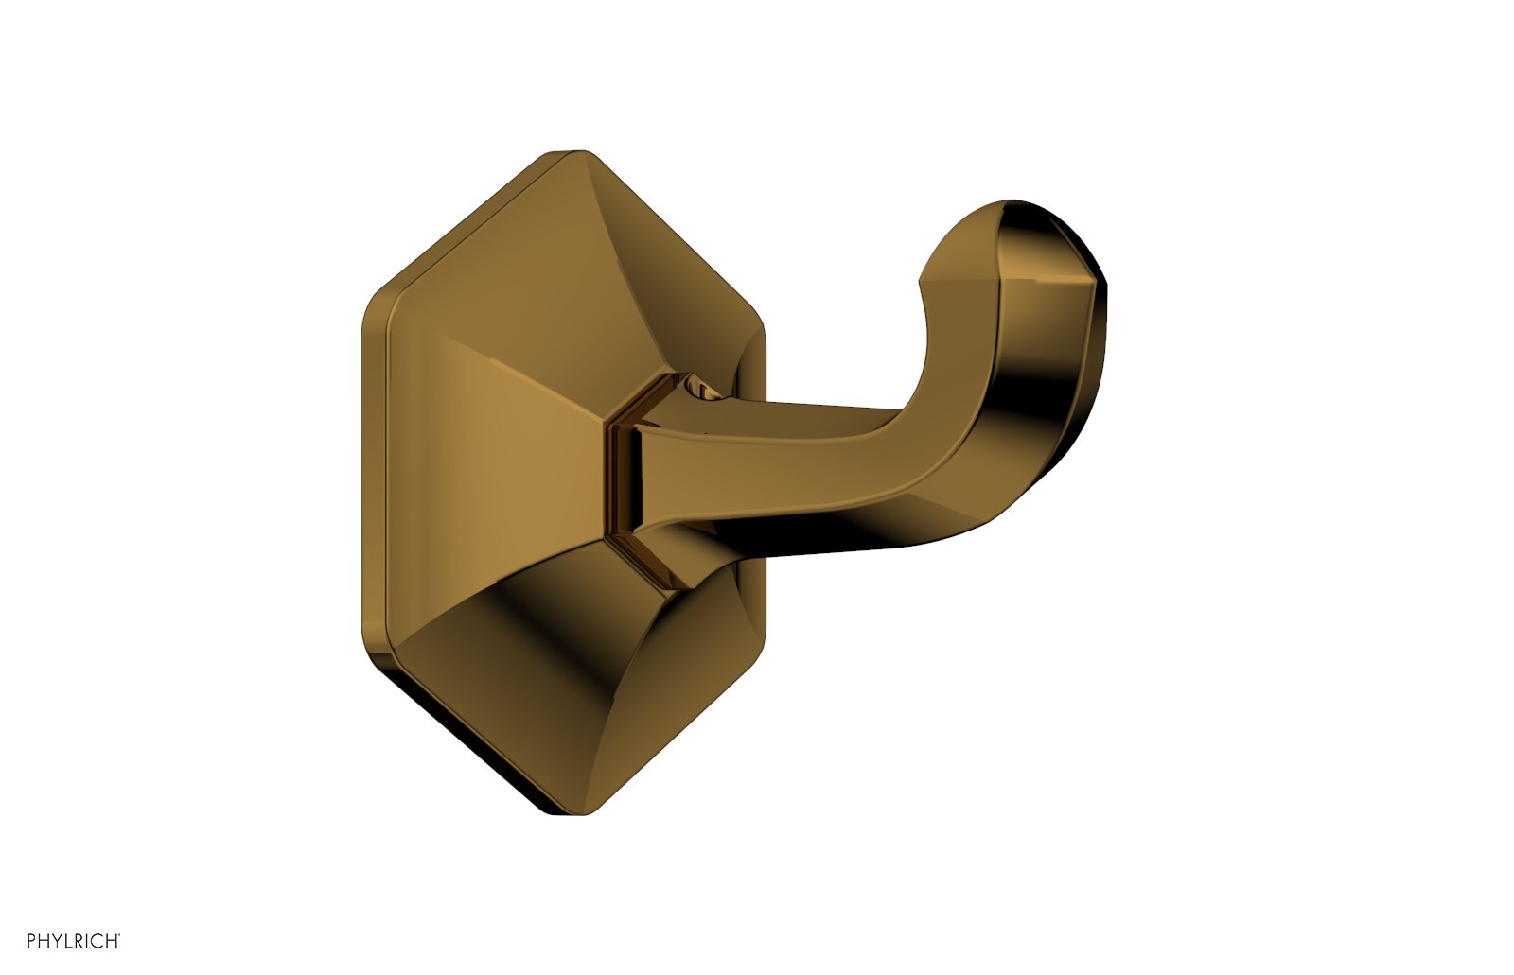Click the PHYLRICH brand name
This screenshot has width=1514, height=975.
click(73, 941)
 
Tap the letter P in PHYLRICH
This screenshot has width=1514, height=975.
click(32, 941)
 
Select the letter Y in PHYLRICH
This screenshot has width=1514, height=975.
click(59, 941)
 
